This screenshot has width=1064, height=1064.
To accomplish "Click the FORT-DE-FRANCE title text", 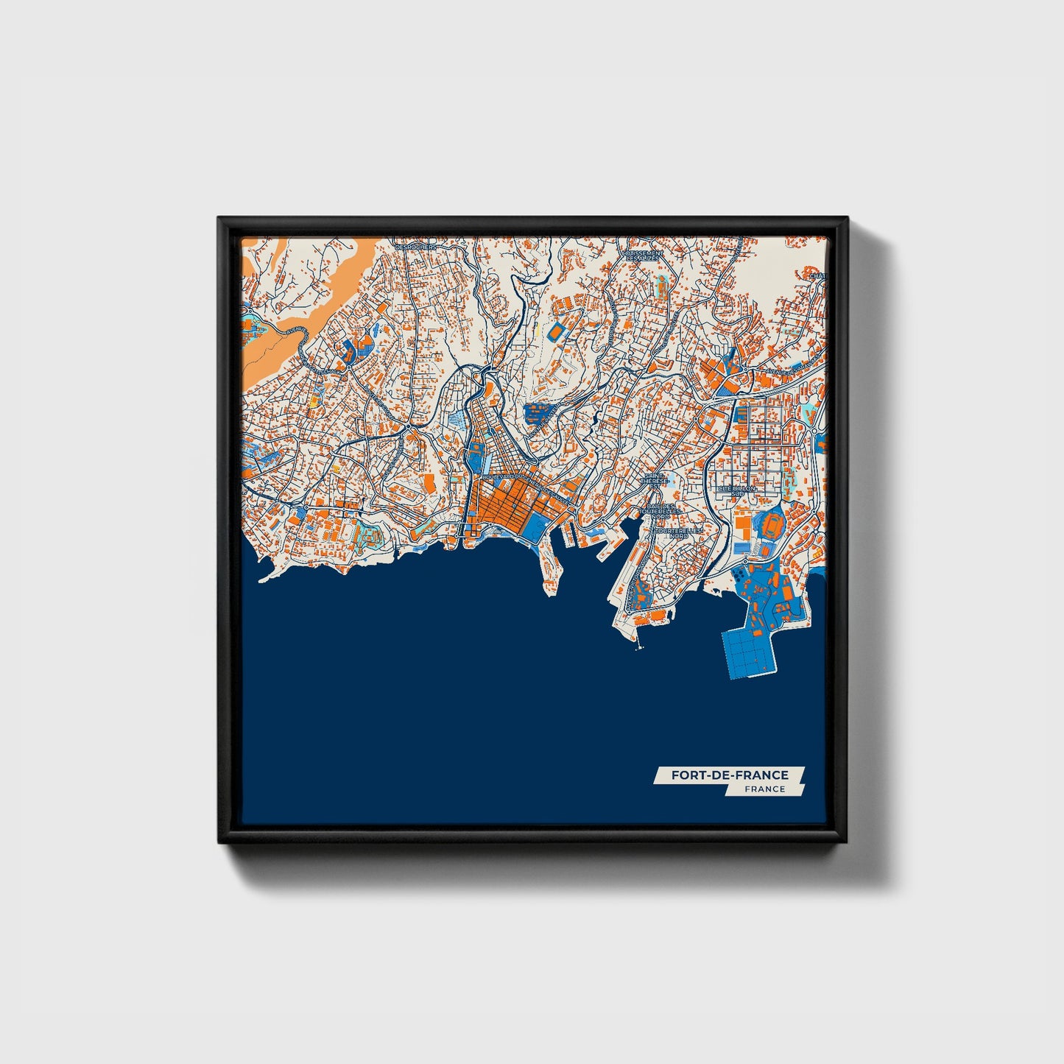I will (729, 775).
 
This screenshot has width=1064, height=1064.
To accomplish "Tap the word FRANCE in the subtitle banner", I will (764, 789).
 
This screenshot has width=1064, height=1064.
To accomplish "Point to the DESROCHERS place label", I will (417, 247).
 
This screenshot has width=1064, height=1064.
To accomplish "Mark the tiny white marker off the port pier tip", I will (638, 648).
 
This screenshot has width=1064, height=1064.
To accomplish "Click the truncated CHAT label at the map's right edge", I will (818, 276).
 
